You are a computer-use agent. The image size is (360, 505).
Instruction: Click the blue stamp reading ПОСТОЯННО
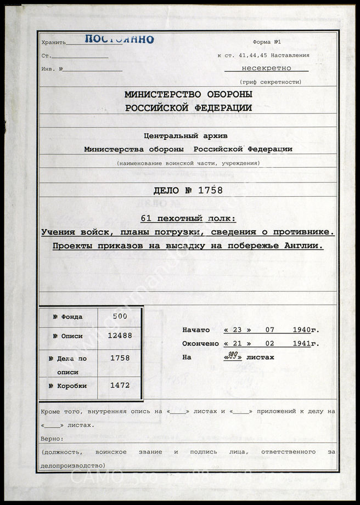click(x=119, y=39)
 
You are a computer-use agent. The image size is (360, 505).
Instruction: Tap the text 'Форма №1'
click(x=267, y=42)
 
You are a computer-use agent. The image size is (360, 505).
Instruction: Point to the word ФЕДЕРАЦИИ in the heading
click(x=225, y=108)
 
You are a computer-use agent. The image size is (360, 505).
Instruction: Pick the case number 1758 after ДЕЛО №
click(x=211, y=191)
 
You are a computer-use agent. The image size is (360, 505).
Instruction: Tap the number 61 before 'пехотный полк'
click(x=146, y=218)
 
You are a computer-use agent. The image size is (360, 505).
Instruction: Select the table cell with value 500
click(x=120, y=316)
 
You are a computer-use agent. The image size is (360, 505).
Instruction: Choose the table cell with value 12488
click(x=120, y=336)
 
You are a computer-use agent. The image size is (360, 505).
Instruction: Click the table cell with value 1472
click(x=120, y=385)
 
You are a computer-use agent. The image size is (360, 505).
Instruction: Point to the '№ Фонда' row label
click(x=67, y=316)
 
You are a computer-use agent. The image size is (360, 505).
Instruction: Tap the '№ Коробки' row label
click(x=67, y=385)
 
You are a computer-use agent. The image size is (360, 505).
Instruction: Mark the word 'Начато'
click(x=196, y=330)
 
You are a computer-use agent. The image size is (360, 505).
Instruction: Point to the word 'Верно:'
click(x=52, y=439)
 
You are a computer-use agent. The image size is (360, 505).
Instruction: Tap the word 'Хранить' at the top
click(x=53, y=42)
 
